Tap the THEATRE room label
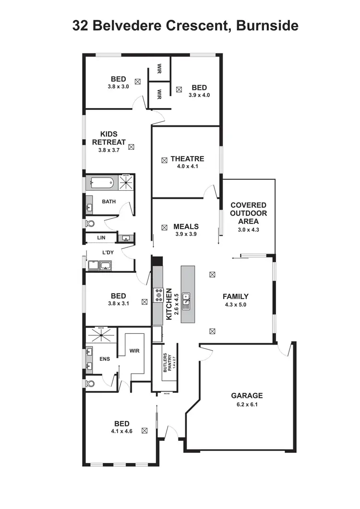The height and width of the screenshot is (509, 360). tap(187, 159)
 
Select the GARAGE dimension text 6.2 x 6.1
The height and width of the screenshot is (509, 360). tap(247, 404)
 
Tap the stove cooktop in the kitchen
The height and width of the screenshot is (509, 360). tap(158, 295)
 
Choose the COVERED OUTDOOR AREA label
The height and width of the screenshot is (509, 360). tap(248, 213)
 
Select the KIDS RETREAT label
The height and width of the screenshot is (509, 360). tap(109, 138)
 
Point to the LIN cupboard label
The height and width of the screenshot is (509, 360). tap(101, 238)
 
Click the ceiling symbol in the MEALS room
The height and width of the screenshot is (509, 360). tap(164, 227)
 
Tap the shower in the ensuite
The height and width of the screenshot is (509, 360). tap(101, 335)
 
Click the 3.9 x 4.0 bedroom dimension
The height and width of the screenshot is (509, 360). tap(199, 95)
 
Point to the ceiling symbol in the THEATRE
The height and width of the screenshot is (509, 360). tap(164, 159)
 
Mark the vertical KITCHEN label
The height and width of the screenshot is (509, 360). tap(169, 304)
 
